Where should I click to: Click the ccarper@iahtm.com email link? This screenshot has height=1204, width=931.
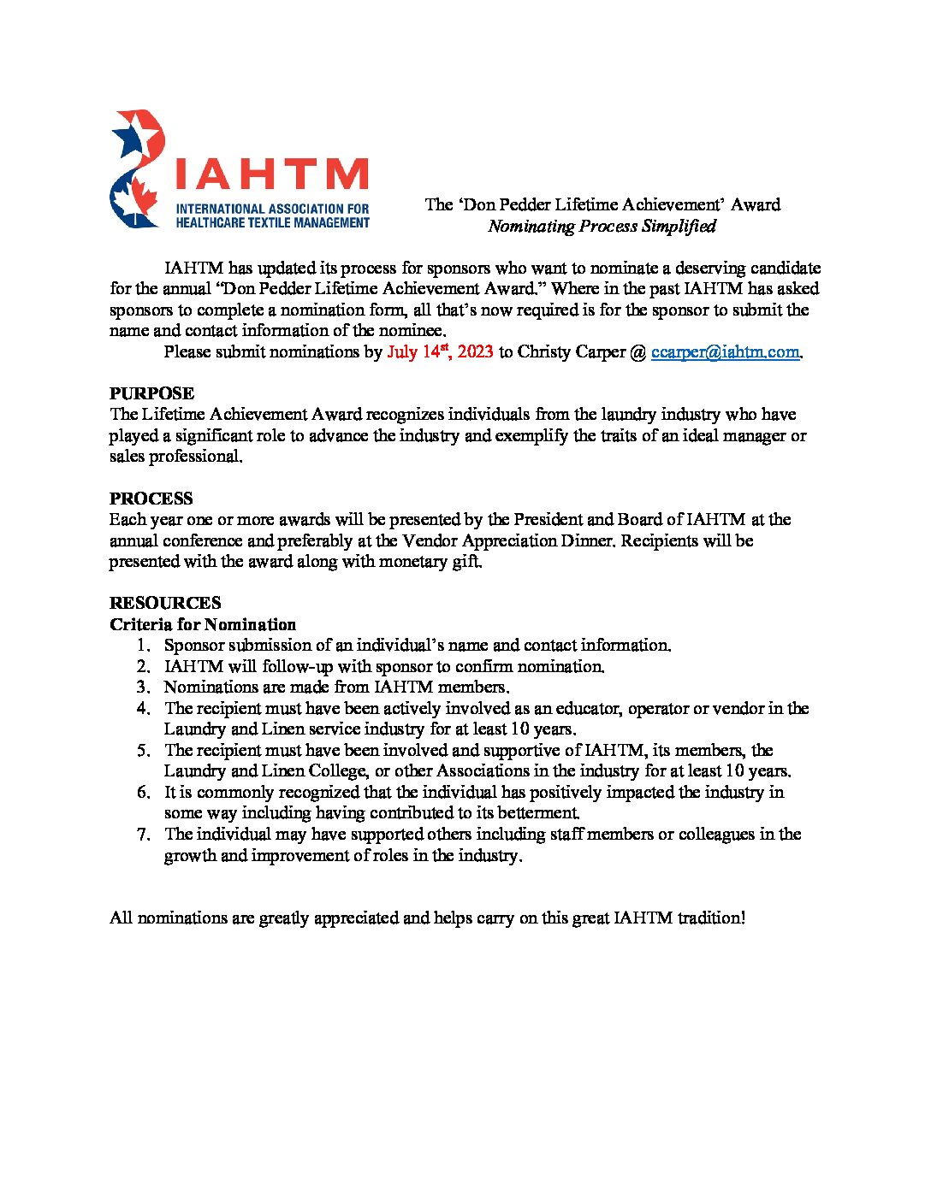pos(726,351)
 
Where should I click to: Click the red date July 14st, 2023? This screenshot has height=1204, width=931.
pos(440,351)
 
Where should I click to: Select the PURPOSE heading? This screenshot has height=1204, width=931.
pos(151,393)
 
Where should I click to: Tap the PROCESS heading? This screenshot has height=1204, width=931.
pos(151,499)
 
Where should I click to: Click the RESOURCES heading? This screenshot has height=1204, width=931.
pos(165,603)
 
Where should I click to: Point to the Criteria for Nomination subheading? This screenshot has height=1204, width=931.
pos(203,624)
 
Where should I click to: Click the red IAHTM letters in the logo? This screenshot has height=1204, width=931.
pos(270,174)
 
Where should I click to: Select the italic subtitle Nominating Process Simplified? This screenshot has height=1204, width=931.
pos(602,226)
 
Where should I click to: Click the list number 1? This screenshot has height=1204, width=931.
pos(143,646)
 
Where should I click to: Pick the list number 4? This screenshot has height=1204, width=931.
pos(143,709)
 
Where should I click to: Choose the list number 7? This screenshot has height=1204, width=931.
pos(143,835)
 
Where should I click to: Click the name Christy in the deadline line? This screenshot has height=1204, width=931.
pos(545,351)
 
